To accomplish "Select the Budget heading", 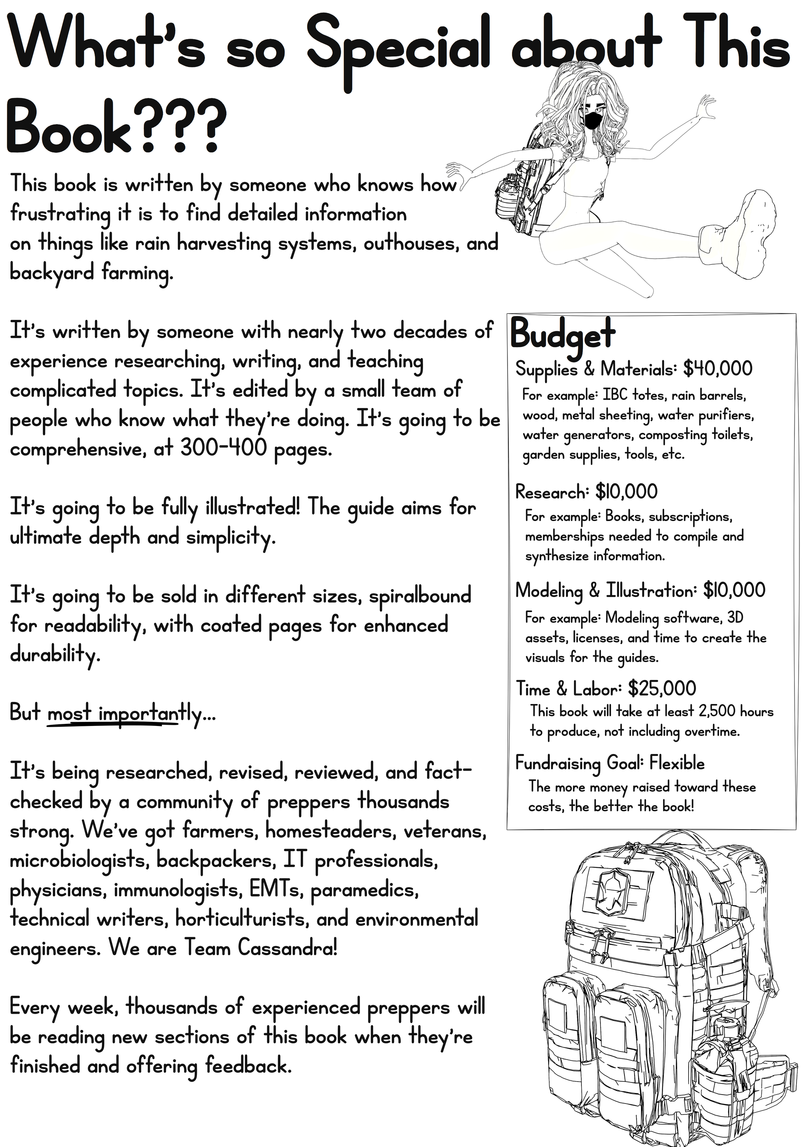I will pyautogui.click(x=562, y=334).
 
